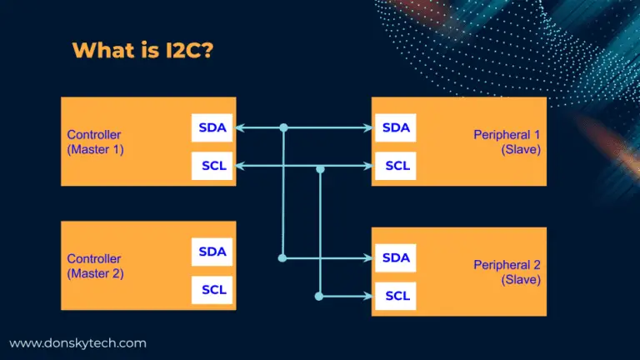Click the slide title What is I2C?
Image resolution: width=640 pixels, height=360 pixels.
pos(142,50)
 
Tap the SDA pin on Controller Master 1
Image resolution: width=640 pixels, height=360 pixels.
pos(212,127)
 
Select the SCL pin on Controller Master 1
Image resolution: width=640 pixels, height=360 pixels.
pos(212,166)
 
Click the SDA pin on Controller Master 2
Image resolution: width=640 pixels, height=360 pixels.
pos(212,252)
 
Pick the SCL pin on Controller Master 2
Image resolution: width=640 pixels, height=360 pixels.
pos(212,290)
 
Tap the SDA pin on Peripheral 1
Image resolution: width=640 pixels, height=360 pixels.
pos(396,127)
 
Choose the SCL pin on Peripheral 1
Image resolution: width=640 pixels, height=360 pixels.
pos(396,166)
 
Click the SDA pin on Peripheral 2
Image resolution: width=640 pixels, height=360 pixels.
pos(396,258)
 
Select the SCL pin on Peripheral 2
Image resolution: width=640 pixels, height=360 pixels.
pos(396,296)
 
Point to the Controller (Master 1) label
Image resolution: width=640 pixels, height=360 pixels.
pos(95,142)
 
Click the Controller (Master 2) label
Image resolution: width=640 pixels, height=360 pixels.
pos(95,266)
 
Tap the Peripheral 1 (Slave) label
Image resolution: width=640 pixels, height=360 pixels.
pos(507,142)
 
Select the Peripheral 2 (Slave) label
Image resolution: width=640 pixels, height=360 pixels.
pos(507,272)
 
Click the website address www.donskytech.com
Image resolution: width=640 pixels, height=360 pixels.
pos(78,343)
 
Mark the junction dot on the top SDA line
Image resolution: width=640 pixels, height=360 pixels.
pos(283,127)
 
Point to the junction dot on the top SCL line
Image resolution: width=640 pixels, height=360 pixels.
pos(320,169)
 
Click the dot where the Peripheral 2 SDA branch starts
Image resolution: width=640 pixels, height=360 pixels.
pos(282,258)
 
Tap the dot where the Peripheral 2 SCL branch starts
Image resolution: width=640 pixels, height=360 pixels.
pos(319,297)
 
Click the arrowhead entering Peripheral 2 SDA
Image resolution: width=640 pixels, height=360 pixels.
pos(368,258)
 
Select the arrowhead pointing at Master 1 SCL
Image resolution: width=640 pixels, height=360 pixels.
pos(240,166)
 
